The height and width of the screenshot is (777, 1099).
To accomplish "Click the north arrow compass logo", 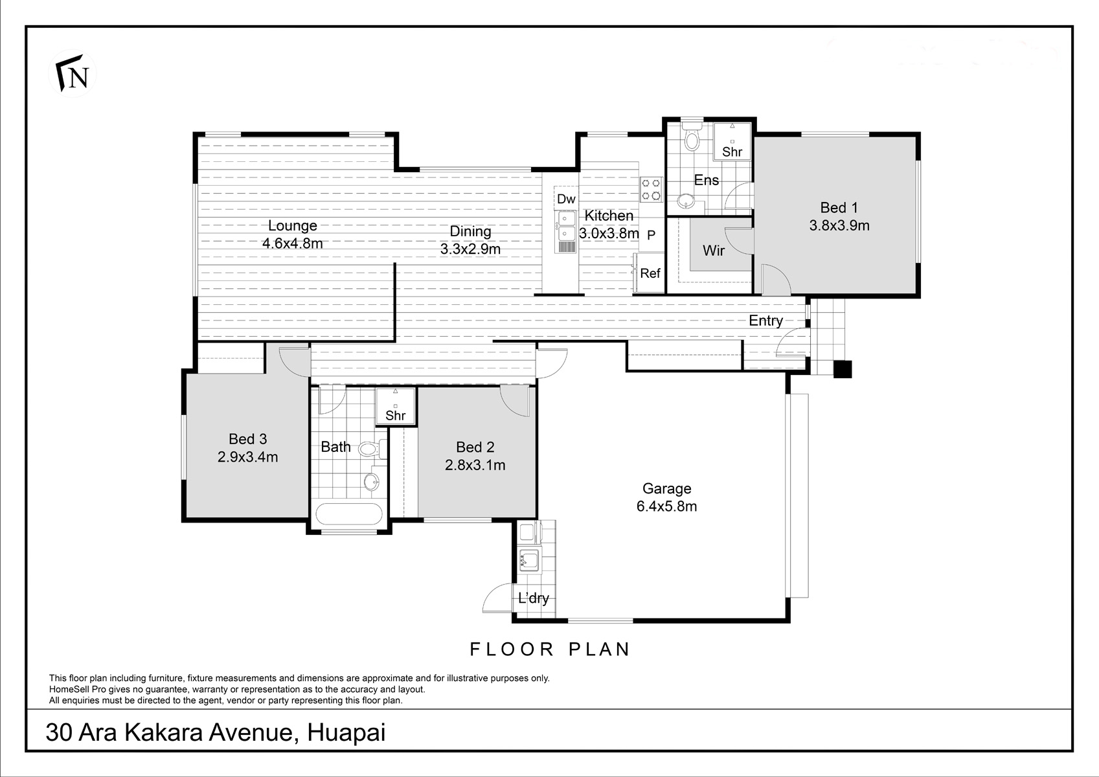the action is [73, 74].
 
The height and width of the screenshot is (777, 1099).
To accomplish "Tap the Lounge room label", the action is [293, 225].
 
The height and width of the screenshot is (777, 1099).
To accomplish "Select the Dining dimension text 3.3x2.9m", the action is [470, 249].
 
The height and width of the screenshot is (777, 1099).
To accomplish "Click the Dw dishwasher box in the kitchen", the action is [566, 199].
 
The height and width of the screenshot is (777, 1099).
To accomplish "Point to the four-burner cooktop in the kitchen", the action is [651, 190].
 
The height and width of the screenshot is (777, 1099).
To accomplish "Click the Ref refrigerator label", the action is [650, 273].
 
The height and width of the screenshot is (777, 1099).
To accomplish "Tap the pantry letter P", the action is [651, 236].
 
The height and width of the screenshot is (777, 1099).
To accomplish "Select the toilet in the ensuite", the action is [692, 136].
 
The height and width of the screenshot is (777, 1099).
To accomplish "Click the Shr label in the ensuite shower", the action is [732, 152].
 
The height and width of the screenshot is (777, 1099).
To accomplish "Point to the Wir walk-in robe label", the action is [714, 251].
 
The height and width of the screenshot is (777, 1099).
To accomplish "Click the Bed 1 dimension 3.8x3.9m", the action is [839, 225].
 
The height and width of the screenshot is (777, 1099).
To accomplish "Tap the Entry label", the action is [765, 321].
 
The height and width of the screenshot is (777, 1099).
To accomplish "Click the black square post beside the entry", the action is [843, 369].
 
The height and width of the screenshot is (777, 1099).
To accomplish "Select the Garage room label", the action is [667, 489].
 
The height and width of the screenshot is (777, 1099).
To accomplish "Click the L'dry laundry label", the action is [533, 598].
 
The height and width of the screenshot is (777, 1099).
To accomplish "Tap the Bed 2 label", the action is [475, 447].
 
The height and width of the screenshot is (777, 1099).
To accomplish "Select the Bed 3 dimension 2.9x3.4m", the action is [248, 457].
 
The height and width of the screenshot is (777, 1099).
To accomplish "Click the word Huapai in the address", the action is [346, 733].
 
